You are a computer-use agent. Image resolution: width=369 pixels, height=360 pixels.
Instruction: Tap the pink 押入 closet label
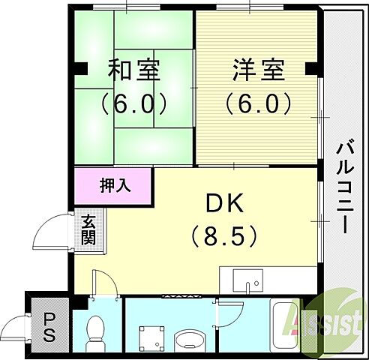114,185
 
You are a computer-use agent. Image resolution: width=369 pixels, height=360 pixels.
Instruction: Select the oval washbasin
186,342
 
